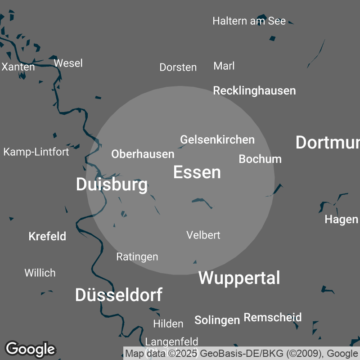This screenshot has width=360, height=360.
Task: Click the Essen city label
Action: (x=197, y=172)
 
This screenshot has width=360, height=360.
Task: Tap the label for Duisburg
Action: (x=112, y=184)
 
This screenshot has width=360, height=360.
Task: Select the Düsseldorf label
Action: (x=118, y=295)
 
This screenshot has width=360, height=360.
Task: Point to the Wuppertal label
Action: (x=239, y=278)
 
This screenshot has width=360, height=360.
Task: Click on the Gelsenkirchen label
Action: (x=217, y=140)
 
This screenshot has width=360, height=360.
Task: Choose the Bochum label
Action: (x=260, y=159)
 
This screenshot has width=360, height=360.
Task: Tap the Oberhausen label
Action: (x=143, y=154)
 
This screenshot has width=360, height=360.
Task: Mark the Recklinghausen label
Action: (x=254, y=90)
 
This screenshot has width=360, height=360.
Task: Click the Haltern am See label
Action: (x=249, y=21)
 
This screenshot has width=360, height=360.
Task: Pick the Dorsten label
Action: (x=178, y=67)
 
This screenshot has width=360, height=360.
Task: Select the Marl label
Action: (x=224, y=66)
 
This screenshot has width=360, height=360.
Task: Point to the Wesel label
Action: (x=68, y=63)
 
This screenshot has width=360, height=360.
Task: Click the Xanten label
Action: (x=18, y=67)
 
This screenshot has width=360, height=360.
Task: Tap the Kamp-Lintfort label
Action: (x=36, y=152)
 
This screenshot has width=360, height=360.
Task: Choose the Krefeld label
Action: (x=47, y=236)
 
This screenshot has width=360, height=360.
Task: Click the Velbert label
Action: (x=203, y=235)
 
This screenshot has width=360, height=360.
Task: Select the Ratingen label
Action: (x=137, y=257)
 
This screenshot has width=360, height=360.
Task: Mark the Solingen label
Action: (x=217, y=320)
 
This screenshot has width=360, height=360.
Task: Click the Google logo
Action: (x=30, y=349)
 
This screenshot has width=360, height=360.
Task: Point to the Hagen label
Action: (x=341, y=220)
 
